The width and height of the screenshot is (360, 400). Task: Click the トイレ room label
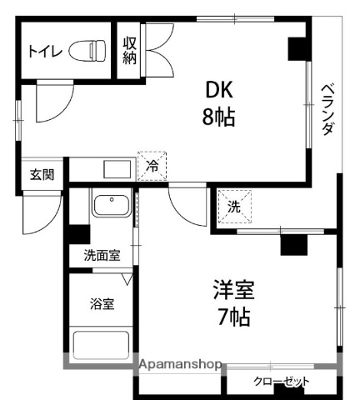click(x=43, y=52)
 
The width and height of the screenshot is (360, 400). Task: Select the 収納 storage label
click(x=130, y=50)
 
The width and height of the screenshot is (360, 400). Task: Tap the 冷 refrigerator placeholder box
click(x=152, y=166)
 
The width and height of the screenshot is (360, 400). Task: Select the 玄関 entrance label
click(x=42, y=175)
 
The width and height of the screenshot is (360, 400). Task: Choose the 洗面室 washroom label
click(x=101, y=256)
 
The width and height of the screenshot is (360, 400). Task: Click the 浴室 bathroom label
click(x=102, y=304)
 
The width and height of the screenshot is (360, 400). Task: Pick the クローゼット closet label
click(x=281, y=382)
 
